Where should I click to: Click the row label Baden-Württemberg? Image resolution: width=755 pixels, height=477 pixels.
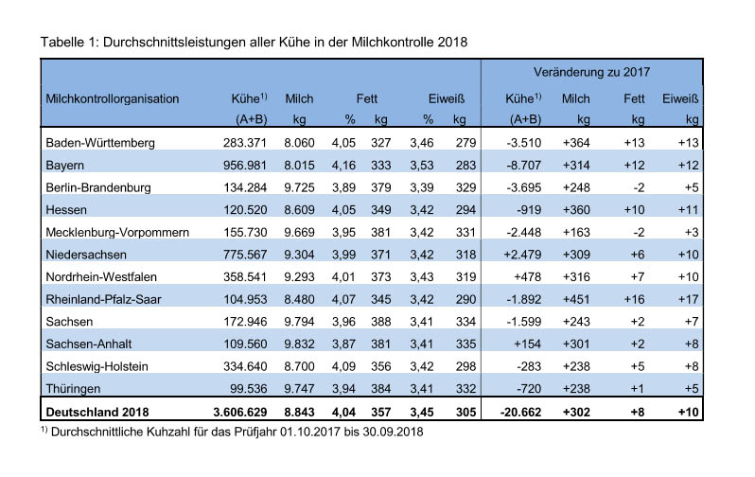[100, 143]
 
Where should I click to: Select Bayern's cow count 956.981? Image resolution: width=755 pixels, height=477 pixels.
[245, 166]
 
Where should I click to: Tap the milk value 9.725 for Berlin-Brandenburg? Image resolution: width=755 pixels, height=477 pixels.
[299, 187]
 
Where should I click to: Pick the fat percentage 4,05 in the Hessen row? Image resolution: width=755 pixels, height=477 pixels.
[343, 210]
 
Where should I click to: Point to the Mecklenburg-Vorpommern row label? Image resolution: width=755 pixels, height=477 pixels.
[117, 233]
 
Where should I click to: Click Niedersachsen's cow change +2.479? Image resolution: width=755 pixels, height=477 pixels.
[522, 255]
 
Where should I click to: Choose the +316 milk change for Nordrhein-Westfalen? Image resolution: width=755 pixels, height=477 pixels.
[576, 277]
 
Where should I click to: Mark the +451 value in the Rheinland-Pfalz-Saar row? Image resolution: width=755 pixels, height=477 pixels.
[576, 299]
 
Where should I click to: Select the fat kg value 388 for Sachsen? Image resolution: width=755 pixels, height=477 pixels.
[381, 322]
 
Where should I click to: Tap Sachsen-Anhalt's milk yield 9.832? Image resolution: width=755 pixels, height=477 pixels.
[299, 344]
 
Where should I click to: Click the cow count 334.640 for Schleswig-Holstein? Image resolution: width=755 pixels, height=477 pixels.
[245, 366]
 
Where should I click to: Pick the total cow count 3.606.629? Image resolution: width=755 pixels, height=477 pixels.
[239, 413]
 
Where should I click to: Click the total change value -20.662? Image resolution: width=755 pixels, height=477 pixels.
[520, 413]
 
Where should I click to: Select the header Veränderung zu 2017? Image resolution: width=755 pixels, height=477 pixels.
[591, 72]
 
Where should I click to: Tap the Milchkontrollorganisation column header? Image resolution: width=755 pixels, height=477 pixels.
[113, 99]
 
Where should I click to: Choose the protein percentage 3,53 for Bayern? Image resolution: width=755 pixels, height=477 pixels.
[422, 166]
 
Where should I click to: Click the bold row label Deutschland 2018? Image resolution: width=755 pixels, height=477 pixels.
[97, 413]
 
